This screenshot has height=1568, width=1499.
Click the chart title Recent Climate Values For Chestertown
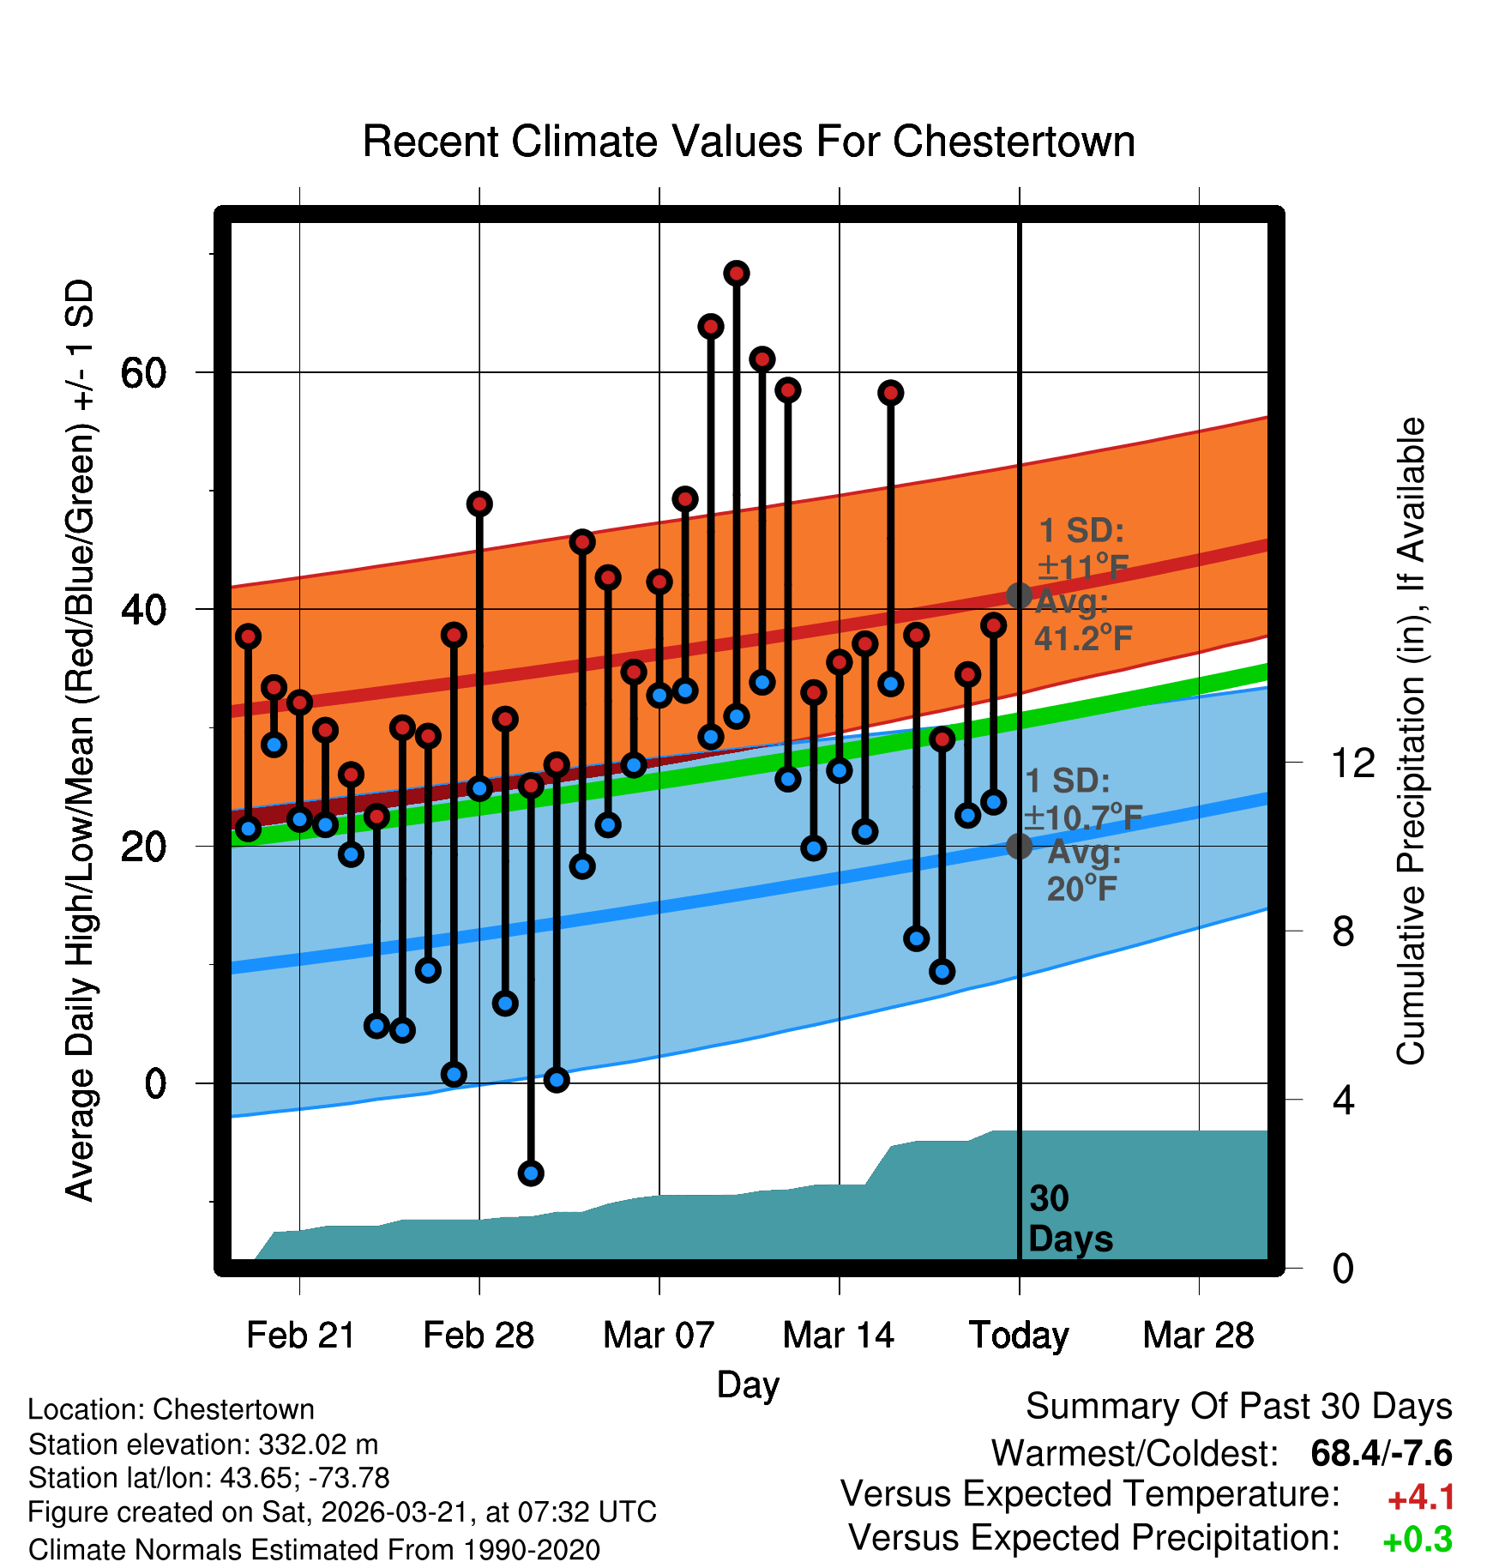point(749,142)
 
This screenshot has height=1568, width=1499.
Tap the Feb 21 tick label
point(300,1335)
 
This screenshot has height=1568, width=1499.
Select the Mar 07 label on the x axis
point(659,1335)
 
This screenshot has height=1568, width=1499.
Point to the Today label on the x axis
point(1019,1335)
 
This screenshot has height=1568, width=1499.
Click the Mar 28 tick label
point(1198,1335)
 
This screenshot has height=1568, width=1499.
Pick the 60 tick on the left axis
point(142,372)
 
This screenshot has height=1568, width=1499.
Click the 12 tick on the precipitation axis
point(1352,763)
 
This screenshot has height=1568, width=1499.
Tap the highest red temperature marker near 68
point(737,274)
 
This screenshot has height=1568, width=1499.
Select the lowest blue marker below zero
point(531,1173)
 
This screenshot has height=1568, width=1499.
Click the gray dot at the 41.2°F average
point(1019,595)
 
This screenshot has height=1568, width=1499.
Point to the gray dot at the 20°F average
point(1019,846)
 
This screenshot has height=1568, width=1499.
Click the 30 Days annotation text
point(1069,1219)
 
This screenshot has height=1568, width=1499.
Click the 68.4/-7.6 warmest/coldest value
point(1381,1453)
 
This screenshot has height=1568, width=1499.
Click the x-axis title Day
point(748,1384)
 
